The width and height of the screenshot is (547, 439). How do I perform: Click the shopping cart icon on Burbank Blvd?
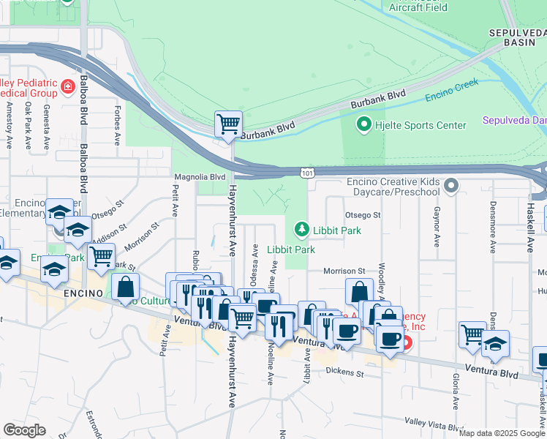[x=228, y=124]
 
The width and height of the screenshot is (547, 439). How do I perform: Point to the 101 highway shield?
[x=307, y=171]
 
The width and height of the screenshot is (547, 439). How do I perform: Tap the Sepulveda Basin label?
[x=517, y=38]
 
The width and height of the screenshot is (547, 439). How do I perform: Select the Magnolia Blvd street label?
[x=199, y=177]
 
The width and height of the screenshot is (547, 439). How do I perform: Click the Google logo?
[x=24, y=430]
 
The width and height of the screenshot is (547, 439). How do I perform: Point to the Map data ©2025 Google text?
[x=502, y=433]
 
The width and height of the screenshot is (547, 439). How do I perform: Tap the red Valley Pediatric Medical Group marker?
[x=68, y=87]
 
